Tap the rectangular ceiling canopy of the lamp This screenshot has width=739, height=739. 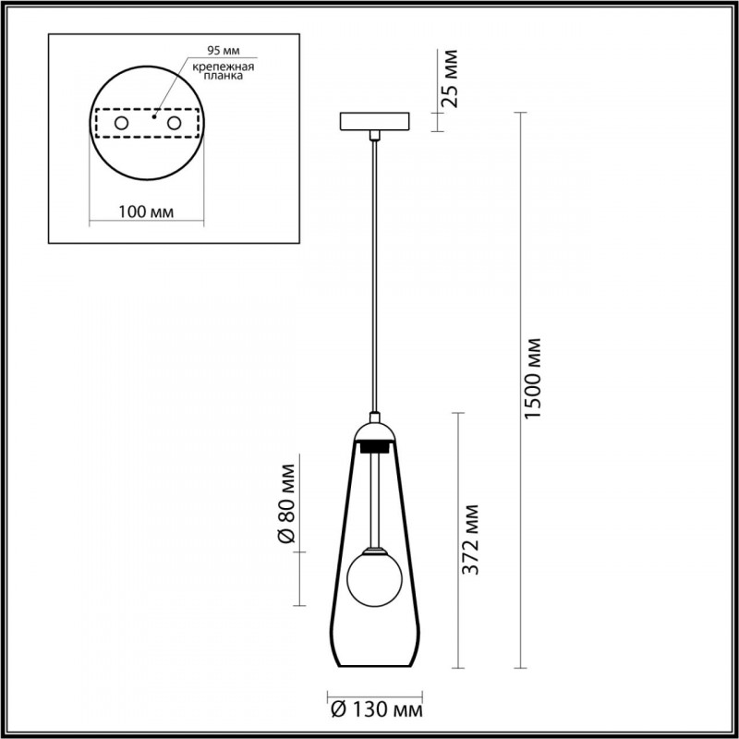point(374,122)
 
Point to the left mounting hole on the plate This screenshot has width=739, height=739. point(121,122)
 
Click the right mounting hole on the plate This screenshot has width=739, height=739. point(173,122)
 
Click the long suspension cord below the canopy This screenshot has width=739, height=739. point(374,277)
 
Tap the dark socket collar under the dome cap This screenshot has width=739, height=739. point(374,446)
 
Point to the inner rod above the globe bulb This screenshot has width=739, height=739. point(374,499)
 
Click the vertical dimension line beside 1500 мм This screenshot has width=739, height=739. point(523,388)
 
